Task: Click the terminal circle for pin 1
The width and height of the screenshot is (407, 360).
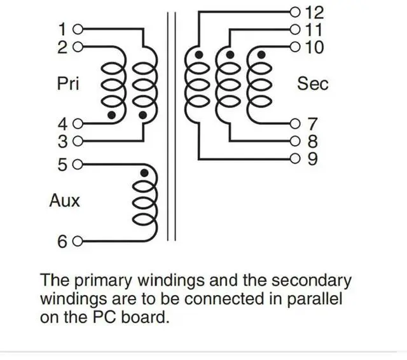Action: (x=78, y=29)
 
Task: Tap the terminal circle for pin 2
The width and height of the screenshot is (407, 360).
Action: (x=78, y=47)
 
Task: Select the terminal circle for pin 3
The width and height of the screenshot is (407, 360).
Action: (x=78, y=141)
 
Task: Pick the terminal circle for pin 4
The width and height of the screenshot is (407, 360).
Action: (x=78, y=124)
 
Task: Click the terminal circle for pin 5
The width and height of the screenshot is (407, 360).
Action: (x=78, y=165)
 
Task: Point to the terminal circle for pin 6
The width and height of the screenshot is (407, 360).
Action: (x=78, y=242)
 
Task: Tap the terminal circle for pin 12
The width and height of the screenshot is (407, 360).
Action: (x=295, y=12)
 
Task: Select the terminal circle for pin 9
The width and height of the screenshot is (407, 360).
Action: (x=295, y=158)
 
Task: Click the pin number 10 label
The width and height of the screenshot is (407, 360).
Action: (x=315, y=47)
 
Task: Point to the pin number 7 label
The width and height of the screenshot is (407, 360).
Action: (x=312, y=124)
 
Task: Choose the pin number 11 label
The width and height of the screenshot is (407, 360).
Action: (x=314, y=30)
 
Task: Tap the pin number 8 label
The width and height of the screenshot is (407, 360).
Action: (x=312, y=141)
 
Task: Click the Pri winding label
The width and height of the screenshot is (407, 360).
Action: (x=68, y=83)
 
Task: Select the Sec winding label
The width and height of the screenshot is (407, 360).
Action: (x=313, y=83)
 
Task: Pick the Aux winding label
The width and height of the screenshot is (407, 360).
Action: (x=65, y=200)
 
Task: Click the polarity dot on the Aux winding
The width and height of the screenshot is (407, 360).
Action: (x=144, y=173)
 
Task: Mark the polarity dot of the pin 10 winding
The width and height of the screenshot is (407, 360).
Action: (x=261, y=55)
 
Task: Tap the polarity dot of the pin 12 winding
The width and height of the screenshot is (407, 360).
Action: (x=199, y=55)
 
